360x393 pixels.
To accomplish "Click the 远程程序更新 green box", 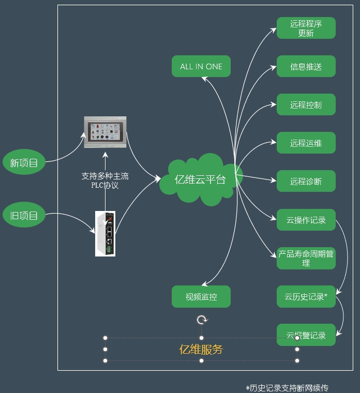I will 306,28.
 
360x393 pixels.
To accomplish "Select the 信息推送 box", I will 306,67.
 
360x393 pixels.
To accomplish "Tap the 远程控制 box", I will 306,104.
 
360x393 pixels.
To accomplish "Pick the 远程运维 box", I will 306,143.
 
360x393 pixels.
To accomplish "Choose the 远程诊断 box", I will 306,181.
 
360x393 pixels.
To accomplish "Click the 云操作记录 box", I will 306,220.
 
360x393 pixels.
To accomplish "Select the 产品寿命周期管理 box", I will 306,258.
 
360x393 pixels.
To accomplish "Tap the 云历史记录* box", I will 306,296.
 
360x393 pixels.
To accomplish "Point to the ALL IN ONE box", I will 201,67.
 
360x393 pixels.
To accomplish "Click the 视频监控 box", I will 201,297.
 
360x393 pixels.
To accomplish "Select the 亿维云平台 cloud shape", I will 200,179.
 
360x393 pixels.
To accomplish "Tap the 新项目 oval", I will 24,163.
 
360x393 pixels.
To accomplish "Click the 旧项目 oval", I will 24,216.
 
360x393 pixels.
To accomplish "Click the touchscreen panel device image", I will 105,132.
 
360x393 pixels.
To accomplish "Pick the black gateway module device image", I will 105,234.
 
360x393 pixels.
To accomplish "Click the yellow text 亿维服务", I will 201,350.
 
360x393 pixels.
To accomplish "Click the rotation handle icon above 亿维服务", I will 202,320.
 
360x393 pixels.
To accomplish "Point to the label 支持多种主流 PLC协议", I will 105,180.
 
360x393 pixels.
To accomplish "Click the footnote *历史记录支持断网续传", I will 287,388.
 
